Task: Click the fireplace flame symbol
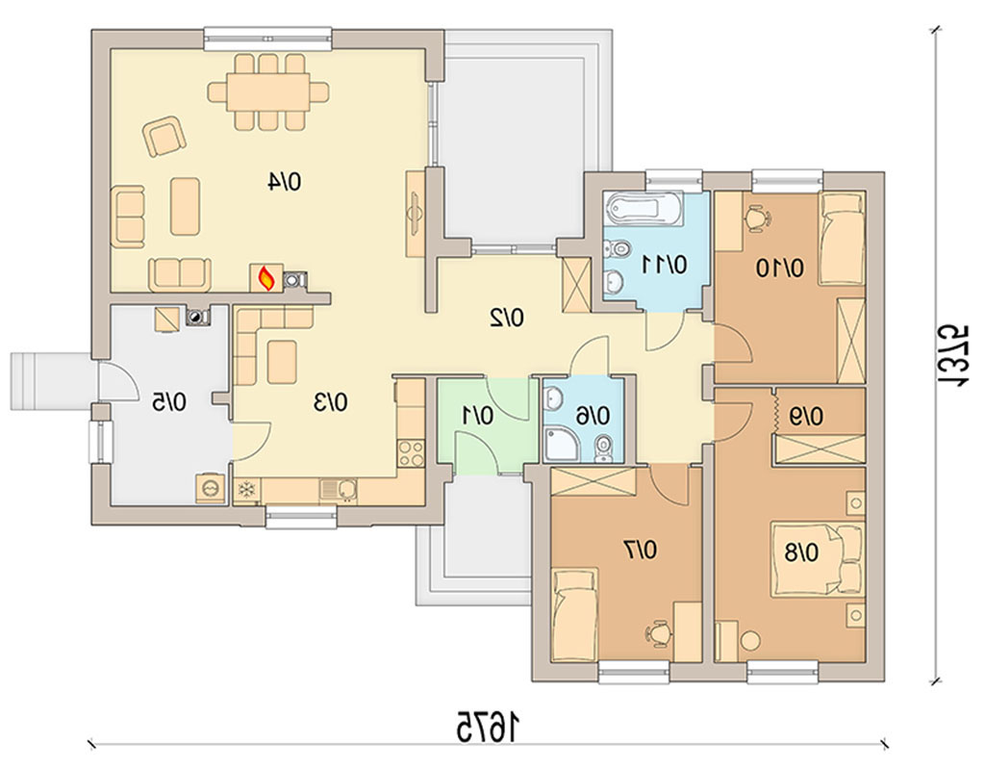tap(266, 277)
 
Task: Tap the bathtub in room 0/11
tap(643, 208)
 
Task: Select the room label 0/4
tap(285, 182)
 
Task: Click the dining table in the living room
tap(268, 91)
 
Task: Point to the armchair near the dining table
tap(164, 136)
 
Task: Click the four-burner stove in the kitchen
tap(411, 453)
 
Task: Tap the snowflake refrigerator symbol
tap(245, 490)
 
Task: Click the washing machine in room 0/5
tap(209, 487)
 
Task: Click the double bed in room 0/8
tap(818, 558)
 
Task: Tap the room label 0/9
tap(807, 416)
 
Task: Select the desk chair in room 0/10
tap(757, 217)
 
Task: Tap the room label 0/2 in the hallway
tap(508, 319)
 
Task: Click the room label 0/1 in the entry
tap(478, 416)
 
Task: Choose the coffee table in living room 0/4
tap(186, 206)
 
